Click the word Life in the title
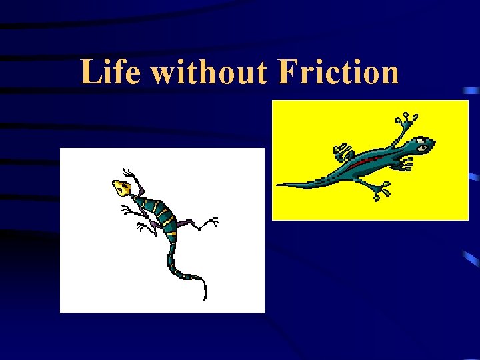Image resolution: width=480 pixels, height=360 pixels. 111,71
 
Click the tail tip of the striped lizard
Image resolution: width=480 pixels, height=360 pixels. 205,296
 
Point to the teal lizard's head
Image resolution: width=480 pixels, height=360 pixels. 421,145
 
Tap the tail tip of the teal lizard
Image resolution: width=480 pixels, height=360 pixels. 280,185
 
